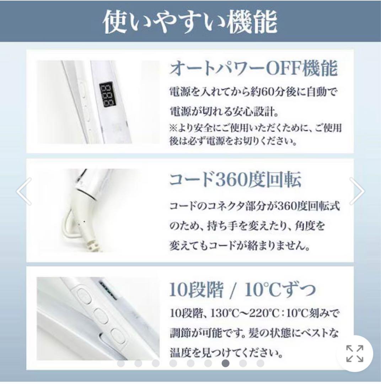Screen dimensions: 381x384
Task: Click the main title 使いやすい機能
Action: tap(190, 22)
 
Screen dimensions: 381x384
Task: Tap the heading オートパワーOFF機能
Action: tap(253, 68)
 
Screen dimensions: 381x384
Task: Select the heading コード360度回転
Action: tap(235, 180)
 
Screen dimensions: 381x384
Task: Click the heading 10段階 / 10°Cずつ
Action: tap(242, 289)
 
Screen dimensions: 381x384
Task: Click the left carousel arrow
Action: tap(24, 191)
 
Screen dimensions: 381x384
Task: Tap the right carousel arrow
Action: tap(357, 191)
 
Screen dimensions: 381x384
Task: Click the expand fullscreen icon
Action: tap(355, 353)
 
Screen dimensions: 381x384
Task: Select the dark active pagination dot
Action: tap(226, 363)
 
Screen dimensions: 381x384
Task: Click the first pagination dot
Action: tap(121, 363)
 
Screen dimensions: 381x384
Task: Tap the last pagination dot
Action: tap(260, 363)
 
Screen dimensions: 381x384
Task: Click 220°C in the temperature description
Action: tap(264, 313)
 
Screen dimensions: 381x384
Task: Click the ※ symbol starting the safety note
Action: tap(173, 128)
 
